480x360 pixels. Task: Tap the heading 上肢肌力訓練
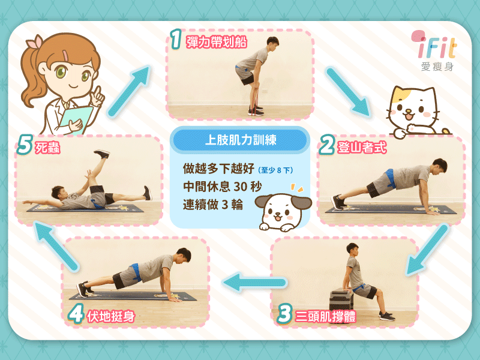click(241, 140)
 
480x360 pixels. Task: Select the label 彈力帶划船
click(217, 42)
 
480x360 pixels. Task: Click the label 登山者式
click(362, 148)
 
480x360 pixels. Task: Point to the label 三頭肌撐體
click(326, 316)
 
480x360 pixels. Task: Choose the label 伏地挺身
click(111, 316)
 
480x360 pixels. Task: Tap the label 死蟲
click(47, 148)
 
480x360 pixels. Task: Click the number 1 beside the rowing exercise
click(176, 39)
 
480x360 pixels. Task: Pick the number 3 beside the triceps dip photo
click(284, 314)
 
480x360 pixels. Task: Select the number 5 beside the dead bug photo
click(25, 145)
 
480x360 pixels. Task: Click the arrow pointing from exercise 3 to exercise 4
click(254, 282)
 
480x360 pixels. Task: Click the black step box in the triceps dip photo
click(341, 299)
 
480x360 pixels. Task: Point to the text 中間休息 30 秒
click(223, 187)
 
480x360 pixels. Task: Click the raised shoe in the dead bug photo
click(102, 154)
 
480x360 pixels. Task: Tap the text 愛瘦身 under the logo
click(437, 67)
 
